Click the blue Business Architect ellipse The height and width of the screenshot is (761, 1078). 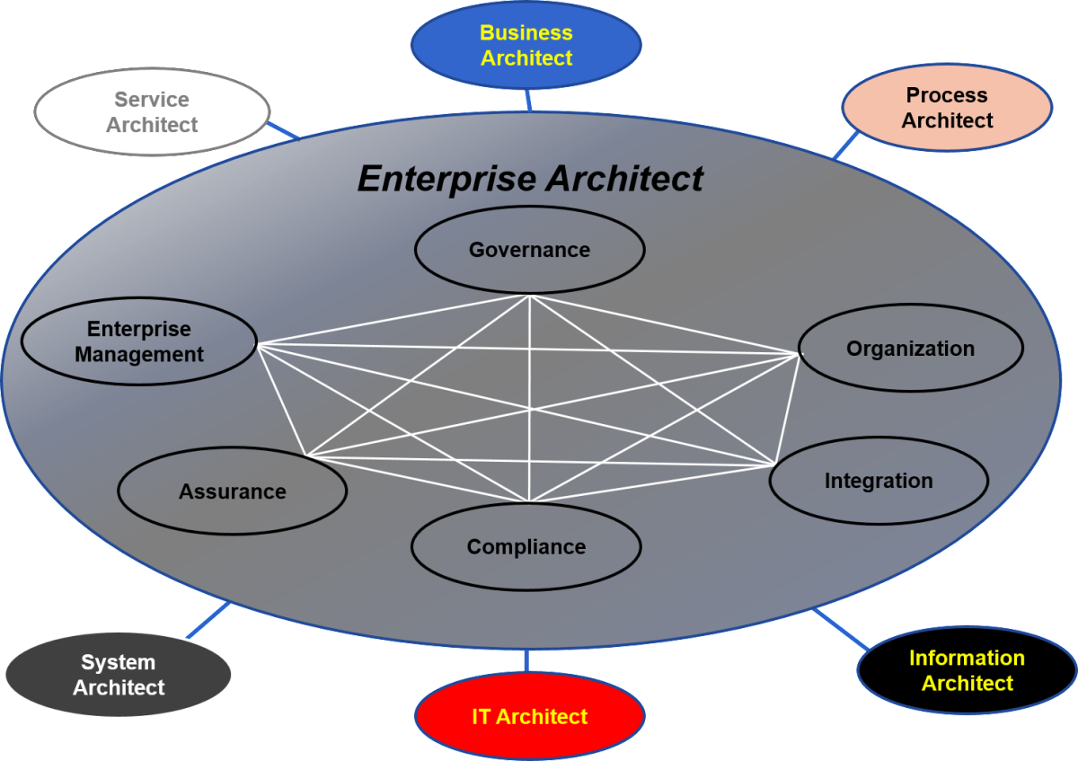[526, 45]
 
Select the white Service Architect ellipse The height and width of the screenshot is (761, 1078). [152, 112]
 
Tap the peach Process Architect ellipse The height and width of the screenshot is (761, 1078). [947, 108]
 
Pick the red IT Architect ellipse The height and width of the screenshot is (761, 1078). [529, 716]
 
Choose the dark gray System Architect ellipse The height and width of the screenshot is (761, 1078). [119, 675]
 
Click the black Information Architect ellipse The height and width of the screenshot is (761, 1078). [967, 670]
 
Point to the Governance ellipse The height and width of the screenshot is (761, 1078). [529, 250]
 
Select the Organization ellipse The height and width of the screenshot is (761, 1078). [910, 349]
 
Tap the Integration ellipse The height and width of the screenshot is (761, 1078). [879, 481]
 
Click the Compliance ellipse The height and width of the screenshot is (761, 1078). [526, 546]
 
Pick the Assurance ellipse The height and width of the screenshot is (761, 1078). [232, 491]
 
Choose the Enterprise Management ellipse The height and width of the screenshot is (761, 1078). [138, 342]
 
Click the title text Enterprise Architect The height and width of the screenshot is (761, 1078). [530, 179]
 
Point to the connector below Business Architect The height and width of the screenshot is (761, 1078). [528, 100]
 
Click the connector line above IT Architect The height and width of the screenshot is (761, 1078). [526, 660]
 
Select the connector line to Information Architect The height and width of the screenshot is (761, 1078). [841, 630]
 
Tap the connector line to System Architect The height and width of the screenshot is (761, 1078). [208, 621]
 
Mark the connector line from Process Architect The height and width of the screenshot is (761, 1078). [846, 145]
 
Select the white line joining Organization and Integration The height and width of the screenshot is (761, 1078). [788, 404]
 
